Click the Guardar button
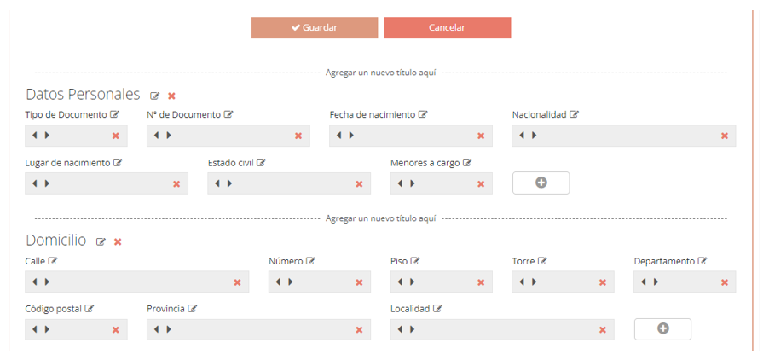pos(314,28)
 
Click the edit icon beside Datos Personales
pos(155,96)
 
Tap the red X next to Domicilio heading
pos(118,241)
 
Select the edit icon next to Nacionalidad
pos(574,115)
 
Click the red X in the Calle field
pos(237,282)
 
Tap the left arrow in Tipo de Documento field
pos(34,136)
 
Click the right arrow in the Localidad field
pos(412,329)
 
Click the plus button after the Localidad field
pos(662,329)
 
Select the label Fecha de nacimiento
pos(373,115)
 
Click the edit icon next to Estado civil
pos(261,163)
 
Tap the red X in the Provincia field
pos(359,329)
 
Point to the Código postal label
pos(54,309)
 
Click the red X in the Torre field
pos(603,282)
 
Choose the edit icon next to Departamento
pos(703,261)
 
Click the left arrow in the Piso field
pos(400,282)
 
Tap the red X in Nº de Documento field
pos(298,136)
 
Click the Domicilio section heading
pos(56,241)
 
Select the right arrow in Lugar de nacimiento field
pos(47,183)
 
